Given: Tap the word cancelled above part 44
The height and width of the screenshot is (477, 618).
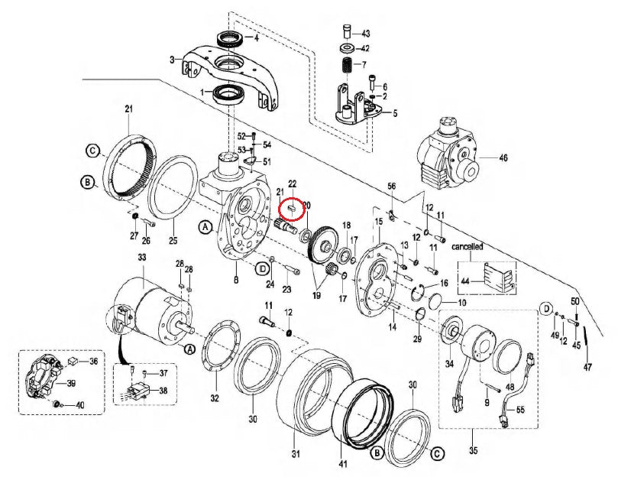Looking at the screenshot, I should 467,247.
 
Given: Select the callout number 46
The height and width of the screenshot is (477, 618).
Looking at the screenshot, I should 503,158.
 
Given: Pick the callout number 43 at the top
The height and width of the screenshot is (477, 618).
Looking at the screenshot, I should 365,33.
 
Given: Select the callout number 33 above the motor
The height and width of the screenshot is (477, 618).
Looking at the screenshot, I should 141,259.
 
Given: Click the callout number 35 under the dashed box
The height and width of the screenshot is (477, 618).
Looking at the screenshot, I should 474,453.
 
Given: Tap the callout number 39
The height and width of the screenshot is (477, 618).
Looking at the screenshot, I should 71,383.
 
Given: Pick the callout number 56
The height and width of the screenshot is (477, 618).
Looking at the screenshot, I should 392,187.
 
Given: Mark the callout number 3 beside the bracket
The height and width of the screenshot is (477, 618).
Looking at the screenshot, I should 173,59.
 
